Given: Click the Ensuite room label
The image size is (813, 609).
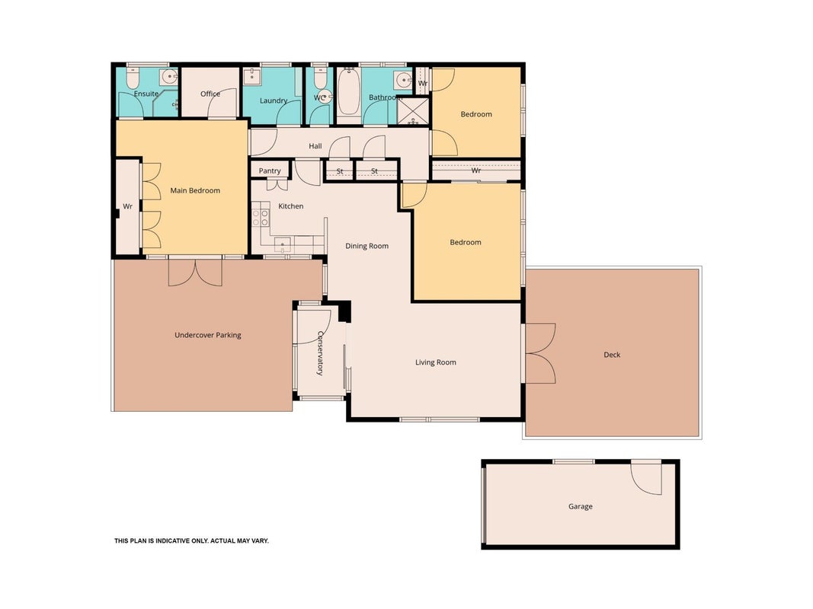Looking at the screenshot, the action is point(146,94).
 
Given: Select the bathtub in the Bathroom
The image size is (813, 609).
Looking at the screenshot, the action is point(348,93).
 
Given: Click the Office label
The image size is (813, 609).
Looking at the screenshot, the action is point(210,94).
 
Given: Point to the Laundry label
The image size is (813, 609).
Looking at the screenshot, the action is point(274,100).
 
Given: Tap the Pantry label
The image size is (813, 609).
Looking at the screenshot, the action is point(270,171).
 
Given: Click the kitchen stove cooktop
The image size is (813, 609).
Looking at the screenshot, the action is point(261,214).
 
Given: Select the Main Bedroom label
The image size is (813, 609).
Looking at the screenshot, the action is point(195,190).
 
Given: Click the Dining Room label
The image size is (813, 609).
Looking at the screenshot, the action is point(366,246).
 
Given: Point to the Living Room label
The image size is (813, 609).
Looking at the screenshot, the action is point(436,362).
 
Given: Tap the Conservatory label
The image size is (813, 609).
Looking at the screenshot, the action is point(321,352).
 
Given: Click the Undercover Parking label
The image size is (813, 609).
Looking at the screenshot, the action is point(207,335).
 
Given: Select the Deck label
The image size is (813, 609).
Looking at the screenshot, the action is point(612,355).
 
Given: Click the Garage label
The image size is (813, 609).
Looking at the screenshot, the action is point(580,506).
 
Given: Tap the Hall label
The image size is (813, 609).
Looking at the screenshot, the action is point(315,146).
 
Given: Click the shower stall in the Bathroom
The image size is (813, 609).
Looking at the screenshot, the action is point(413,111).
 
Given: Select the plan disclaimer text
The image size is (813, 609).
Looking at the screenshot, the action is point(191,540).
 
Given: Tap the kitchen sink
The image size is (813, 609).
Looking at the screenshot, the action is point(282,244).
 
